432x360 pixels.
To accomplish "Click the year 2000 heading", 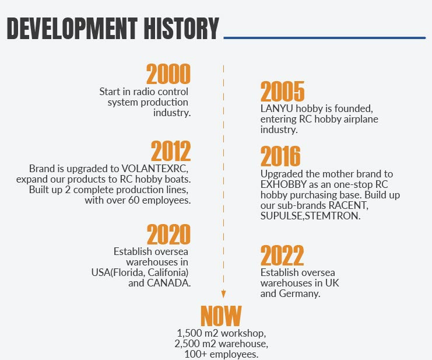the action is pos(168,74).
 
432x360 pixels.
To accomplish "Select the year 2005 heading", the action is pos(282,91).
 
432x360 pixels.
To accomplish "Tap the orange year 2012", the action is pos(171,151).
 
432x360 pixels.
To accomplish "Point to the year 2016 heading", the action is pos(280,156).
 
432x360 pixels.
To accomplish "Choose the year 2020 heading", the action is pos(168,234).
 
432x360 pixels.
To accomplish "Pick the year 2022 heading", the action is pos(282,255).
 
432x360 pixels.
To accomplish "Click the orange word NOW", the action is pos(221,316).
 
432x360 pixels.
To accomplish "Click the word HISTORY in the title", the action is pos(181,28).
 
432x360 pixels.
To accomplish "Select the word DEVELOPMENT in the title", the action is pos(72,28).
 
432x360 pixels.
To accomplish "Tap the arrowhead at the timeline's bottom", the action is pos(223,294).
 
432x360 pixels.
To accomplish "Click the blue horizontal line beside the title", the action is pos(325,38).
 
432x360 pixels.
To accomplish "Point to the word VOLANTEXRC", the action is pos(154,169).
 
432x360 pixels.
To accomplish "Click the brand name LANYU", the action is pos(276,109).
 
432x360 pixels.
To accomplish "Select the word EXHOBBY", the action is pos(283,184).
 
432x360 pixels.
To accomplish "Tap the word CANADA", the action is pos(168,283).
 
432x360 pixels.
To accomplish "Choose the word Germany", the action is pos(299,293).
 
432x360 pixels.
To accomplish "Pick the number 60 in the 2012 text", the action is pos(134,200).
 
